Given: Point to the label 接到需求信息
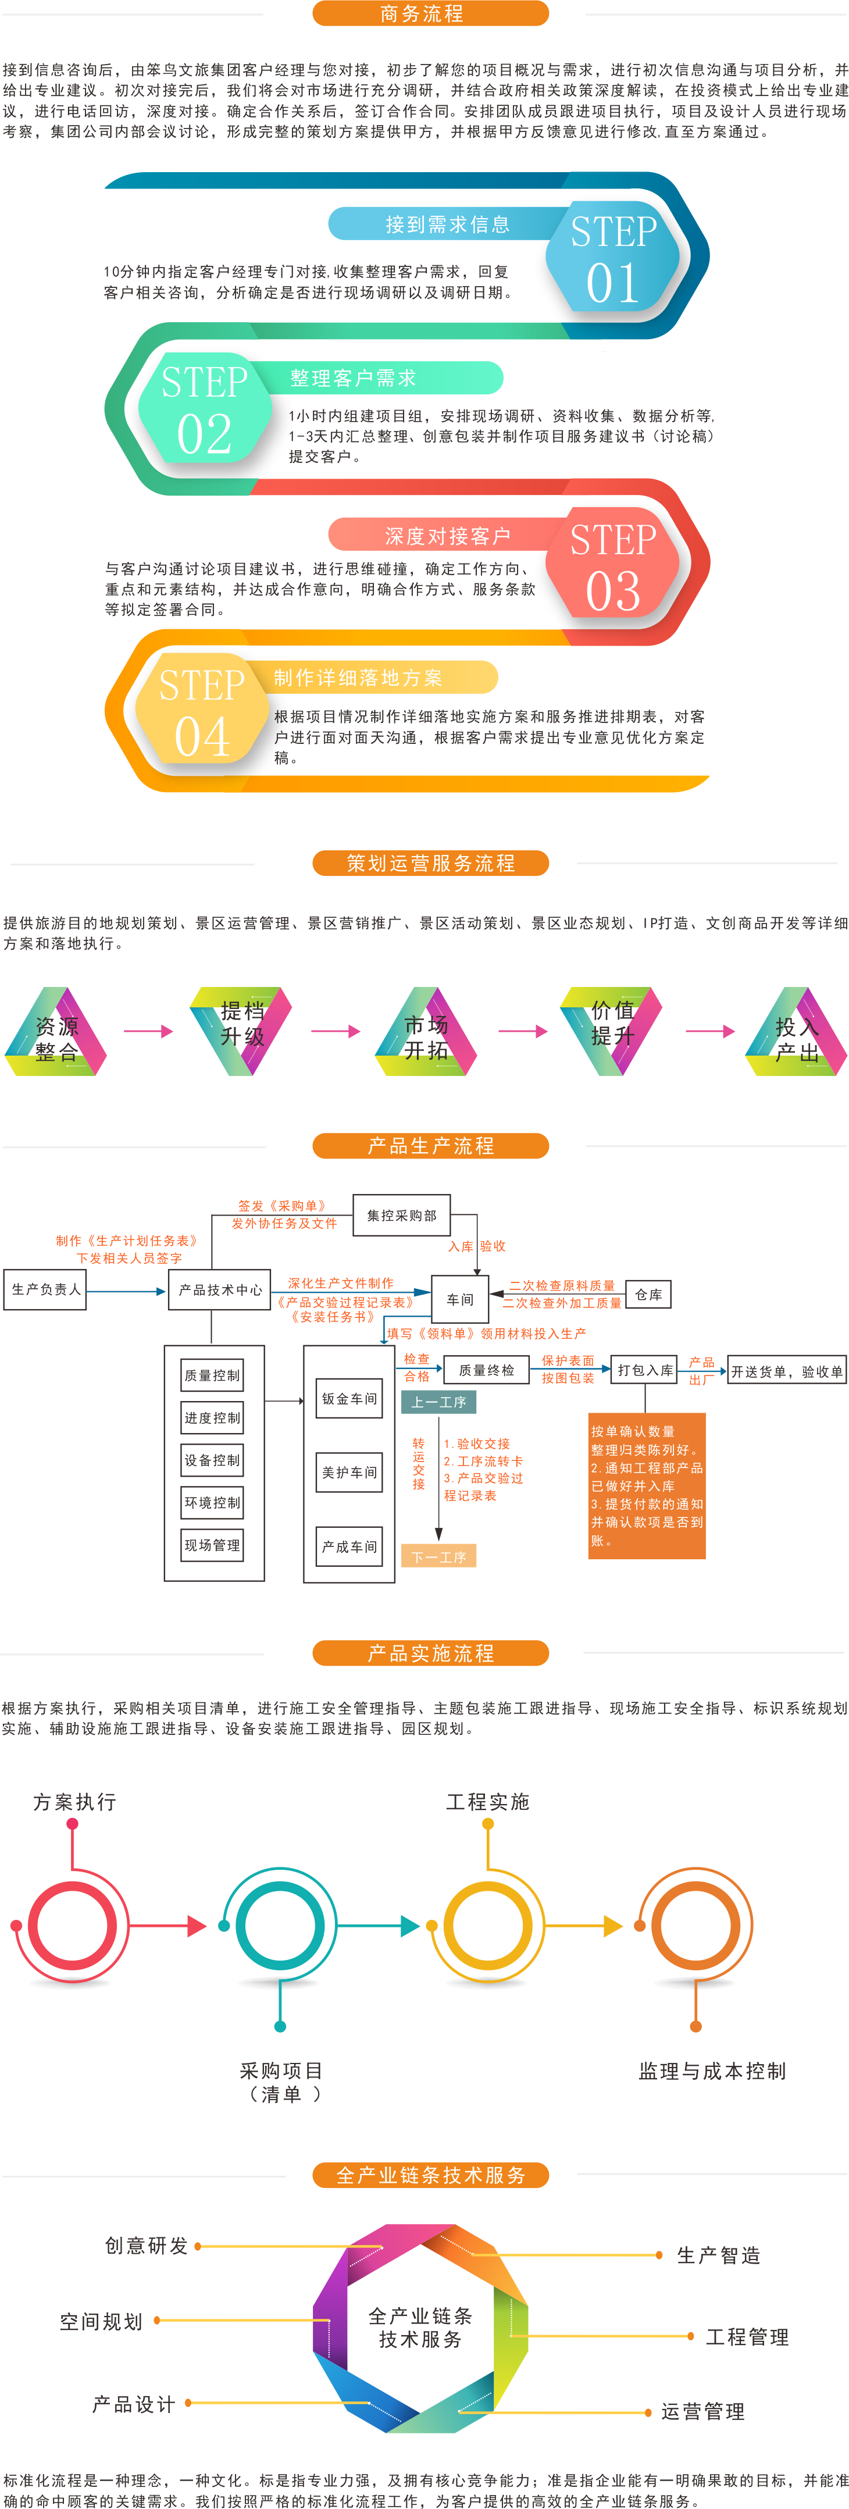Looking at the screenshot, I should (x=447, y=225).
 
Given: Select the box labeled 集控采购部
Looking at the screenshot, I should (x=401, y=1216).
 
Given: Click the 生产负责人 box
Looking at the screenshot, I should (x=46, y=1289).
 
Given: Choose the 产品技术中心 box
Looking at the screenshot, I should (x=220, y=1289).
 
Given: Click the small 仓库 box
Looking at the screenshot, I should (x=647, y=1295).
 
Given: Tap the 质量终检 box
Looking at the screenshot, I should (x=486, y=1370).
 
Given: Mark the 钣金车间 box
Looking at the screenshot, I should (x=348, y=1399).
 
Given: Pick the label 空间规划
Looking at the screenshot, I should (x=101, y=2322).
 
